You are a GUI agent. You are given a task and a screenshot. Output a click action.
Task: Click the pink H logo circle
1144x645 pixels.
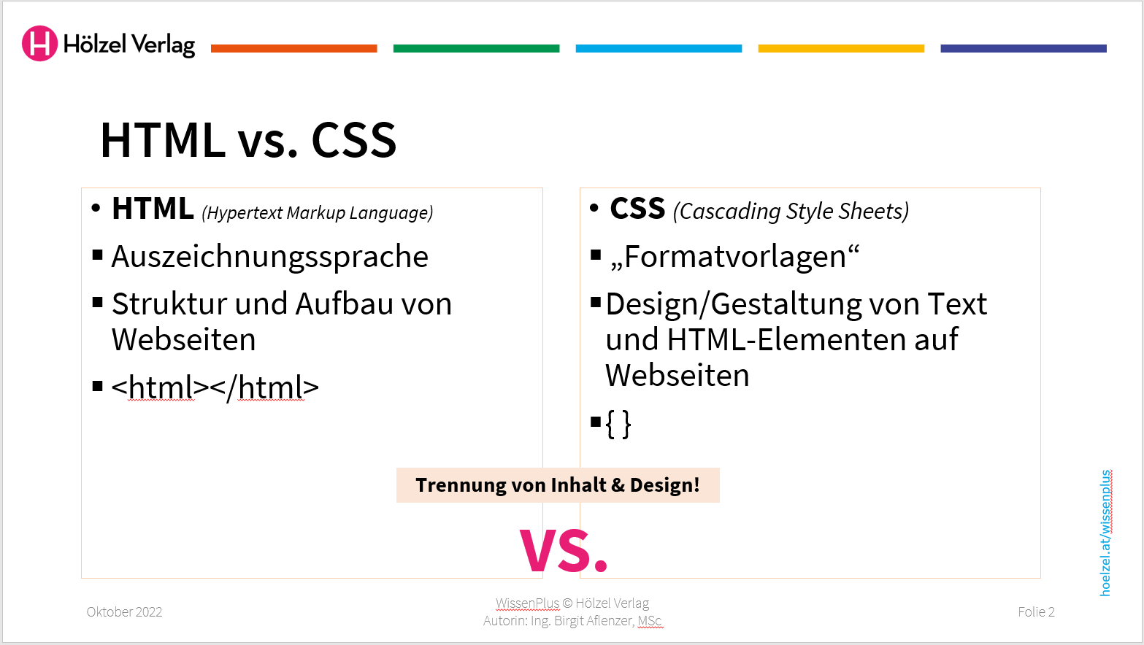tap(39, 44)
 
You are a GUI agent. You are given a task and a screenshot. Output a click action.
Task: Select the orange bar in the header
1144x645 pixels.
tap(293, 49)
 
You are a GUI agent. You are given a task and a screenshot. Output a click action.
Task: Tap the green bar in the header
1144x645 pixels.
tap(476, 49)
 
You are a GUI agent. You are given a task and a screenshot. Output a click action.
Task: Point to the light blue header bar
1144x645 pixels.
tap(659, 49)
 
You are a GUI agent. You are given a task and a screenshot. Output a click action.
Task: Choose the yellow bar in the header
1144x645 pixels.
tap(841, 49)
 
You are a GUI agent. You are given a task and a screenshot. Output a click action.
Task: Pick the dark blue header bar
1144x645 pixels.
tap(1024, 49)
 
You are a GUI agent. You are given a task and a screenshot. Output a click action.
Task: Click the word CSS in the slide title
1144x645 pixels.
tap(354, 140)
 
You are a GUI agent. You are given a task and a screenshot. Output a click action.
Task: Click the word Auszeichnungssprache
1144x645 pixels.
tap(269, 257)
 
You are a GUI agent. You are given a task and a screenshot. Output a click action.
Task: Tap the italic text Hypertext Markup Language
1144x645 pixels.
tap(318, 213)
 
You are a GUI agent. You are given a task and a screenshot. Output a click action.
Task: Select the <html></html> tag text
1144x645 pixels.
tap(215, 387)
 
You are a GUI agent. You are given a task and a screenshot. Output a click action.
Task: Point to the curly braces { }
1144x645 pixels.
tap(618, 423)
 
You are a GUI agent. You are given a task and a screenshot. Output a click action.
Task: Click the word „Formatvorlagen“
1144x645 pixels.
tap(734, 257)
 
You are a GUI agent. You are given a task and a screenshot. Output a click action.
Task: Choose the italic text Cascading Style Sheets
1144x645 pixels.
tap(791, 212)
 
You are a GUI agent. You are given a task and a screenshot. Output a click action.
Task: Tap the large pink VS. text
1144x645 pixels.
tap(564, 551)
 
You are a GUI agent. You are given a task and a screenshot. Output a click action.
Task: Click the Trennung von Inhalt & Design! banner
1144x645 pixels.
tap(558, 485)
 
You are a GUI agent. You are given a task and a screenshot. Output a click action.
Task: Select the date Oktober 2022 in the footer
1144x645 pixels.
tap(124, 612)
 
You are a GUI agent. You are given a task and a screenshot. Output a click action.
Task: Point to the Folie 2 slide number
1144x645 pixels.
tap(1036, 612)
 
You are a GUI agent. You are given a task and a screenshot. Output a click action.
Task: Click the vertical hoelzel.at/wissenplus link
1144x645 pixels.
tap(1105, 533)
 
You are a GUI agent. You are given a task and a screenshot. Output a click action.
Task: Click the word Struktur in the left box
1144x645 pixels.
tap(169, 304)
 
